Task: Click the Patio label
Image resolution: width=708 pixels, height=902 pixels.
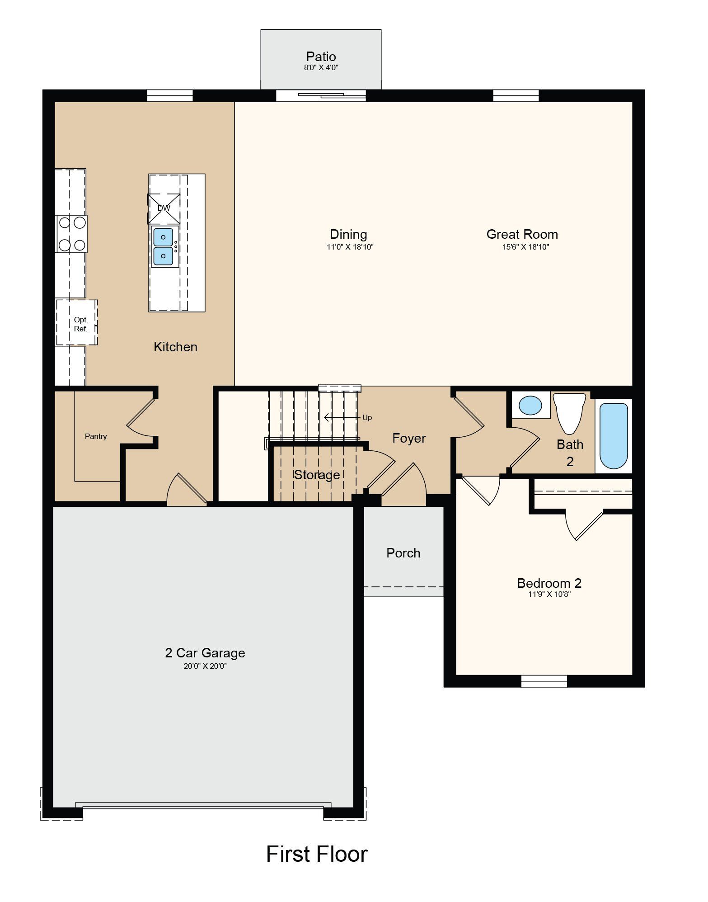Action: pyautogui.click(x=321, y=57)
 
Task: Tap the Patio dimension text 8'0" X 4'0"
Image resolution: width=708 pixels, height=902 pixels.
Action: pyautogui.click(x=321, y=68)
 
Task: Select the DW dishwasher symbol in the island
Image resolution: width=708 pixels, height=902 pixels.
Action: pyautogui.click(x=164, y=208)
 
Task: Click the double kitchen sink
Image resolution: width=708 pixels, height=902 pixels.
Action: pyautogui.click(x=163, y=246)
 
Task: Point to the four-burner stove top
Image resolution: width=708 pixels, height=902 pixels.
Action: pyautogui.click(x=71, y=234)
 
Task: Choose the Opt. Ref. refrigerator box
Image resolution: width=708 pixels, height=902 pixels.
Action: pyautogui.click(x=77, y=322)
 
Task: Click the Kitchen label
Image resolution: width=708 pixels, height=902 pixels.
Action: pyautogui.click(x=175, y=347)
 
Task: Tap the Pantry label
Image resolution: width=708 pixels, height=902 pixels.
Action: pyautogui.click(x=96, y=436)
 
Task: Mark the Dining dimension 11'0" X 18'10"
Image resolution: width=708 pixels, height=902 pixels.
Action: pyautogui.click(x=350, y=247)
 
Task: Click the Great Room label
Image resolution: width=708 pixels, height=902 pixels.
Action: pyautogui.click(x=522, y=234)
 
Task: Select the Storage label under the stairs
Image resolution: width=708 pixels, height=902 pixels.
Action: pyautogui.click(x=317, y=475)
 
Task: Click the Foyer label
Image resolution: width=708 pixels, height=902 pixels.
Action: pyautogui.click(x=409, y=438)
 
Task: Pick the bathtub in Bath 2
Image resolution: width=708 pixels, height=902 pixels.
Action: pyautogui.click(x=614, y=436)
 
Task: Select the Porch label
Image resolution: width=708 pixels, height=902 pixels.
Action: pyautogui.click(x=403, y=553)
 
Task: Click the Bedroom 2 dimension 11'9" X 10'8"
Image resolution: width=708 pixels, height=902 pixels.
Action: pyautogui.click(x=549, y=594)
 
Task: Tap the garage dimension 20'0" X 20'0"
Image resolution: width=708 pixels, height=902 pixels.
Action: pyautogui.click(x=205, y=666)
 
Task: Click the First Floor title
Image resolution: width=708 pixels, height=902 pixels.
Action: pyautogui.click(x=317, y=854)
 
